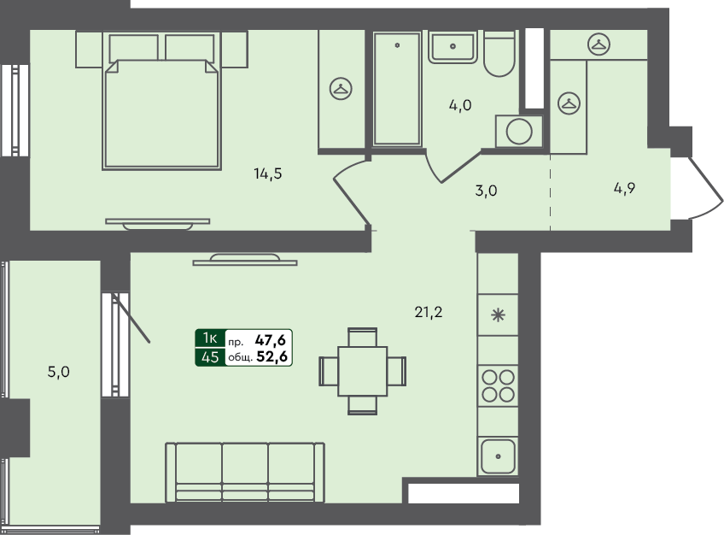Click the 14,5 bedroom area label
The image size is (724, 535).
[x=267, y=173]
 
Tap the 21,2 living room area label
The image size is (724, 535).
[x=429, y=312]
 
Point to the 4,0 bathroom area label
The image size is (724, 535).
[x=461, y=106]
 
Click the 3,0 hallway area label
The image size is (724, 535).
[x=486, y=191]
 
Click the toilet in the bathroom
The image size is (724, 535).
[x=499, y=54]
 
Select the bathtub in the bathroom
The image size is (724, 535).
[x=398, y=87]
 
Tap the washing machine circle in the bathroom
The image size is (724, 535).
[x=518, y=132]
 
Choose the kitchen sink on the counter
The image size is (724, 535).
[x=498, y=456]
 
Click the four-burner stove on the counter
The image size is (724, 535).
[x=498, y=385]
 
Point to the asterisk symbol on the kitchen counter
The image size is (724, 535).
[x=498, y=314]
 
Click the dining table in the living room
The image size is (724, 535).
[x=362, y=371]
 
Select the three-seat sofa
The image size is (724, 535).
[x=245, y=471]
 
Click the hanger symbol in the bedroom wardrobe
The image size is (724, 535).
[x=341, y=87]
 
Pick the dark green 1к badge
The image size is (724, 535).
[x=210, y=338]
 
